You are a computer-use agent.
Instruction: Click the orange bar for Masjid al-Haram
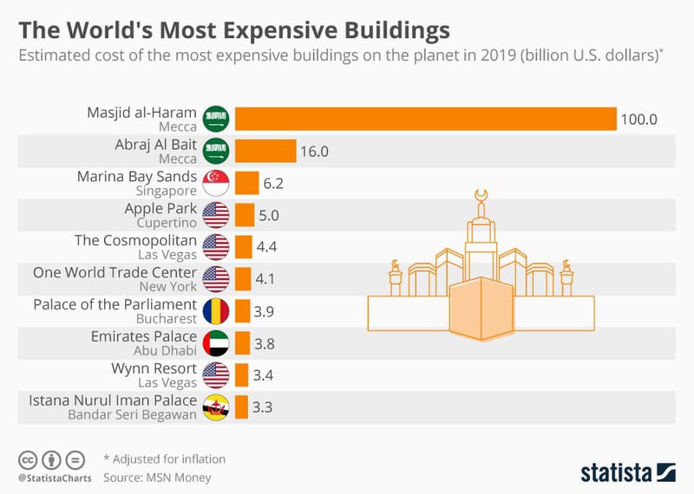tap(425, 119)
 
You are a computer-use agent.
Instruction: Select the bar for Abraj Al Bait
tap(265, 152)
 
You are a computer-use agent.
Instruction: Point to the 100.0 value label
tap(638, 119)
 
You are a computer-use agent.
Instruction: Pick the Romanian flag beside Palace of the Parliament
tap(215, 310)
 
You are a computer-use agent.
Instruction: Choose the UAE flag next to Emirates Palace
tap(215, 342)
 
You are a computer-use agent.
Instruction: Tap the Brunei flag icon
tap(215, 406)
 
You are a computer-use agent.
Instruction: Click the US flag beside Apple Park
tap(215, 215)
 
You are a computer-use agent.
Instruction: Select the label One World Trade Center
tap(115, 272)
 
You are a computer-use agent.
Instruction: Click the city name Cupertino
tap(167, 224)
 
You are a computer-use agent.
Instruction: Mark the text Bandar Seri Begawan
tap(134, 413)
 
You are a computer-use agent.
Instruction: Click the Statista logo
tap(626, 472)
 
